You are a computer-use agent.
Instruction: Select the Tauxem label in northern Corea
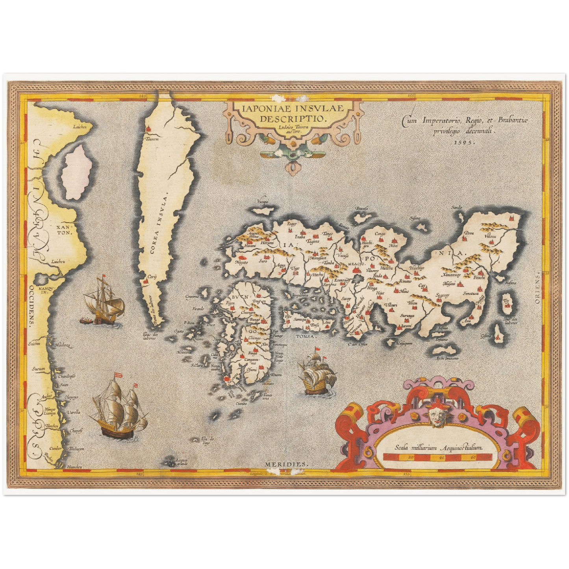pos(152,139)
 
